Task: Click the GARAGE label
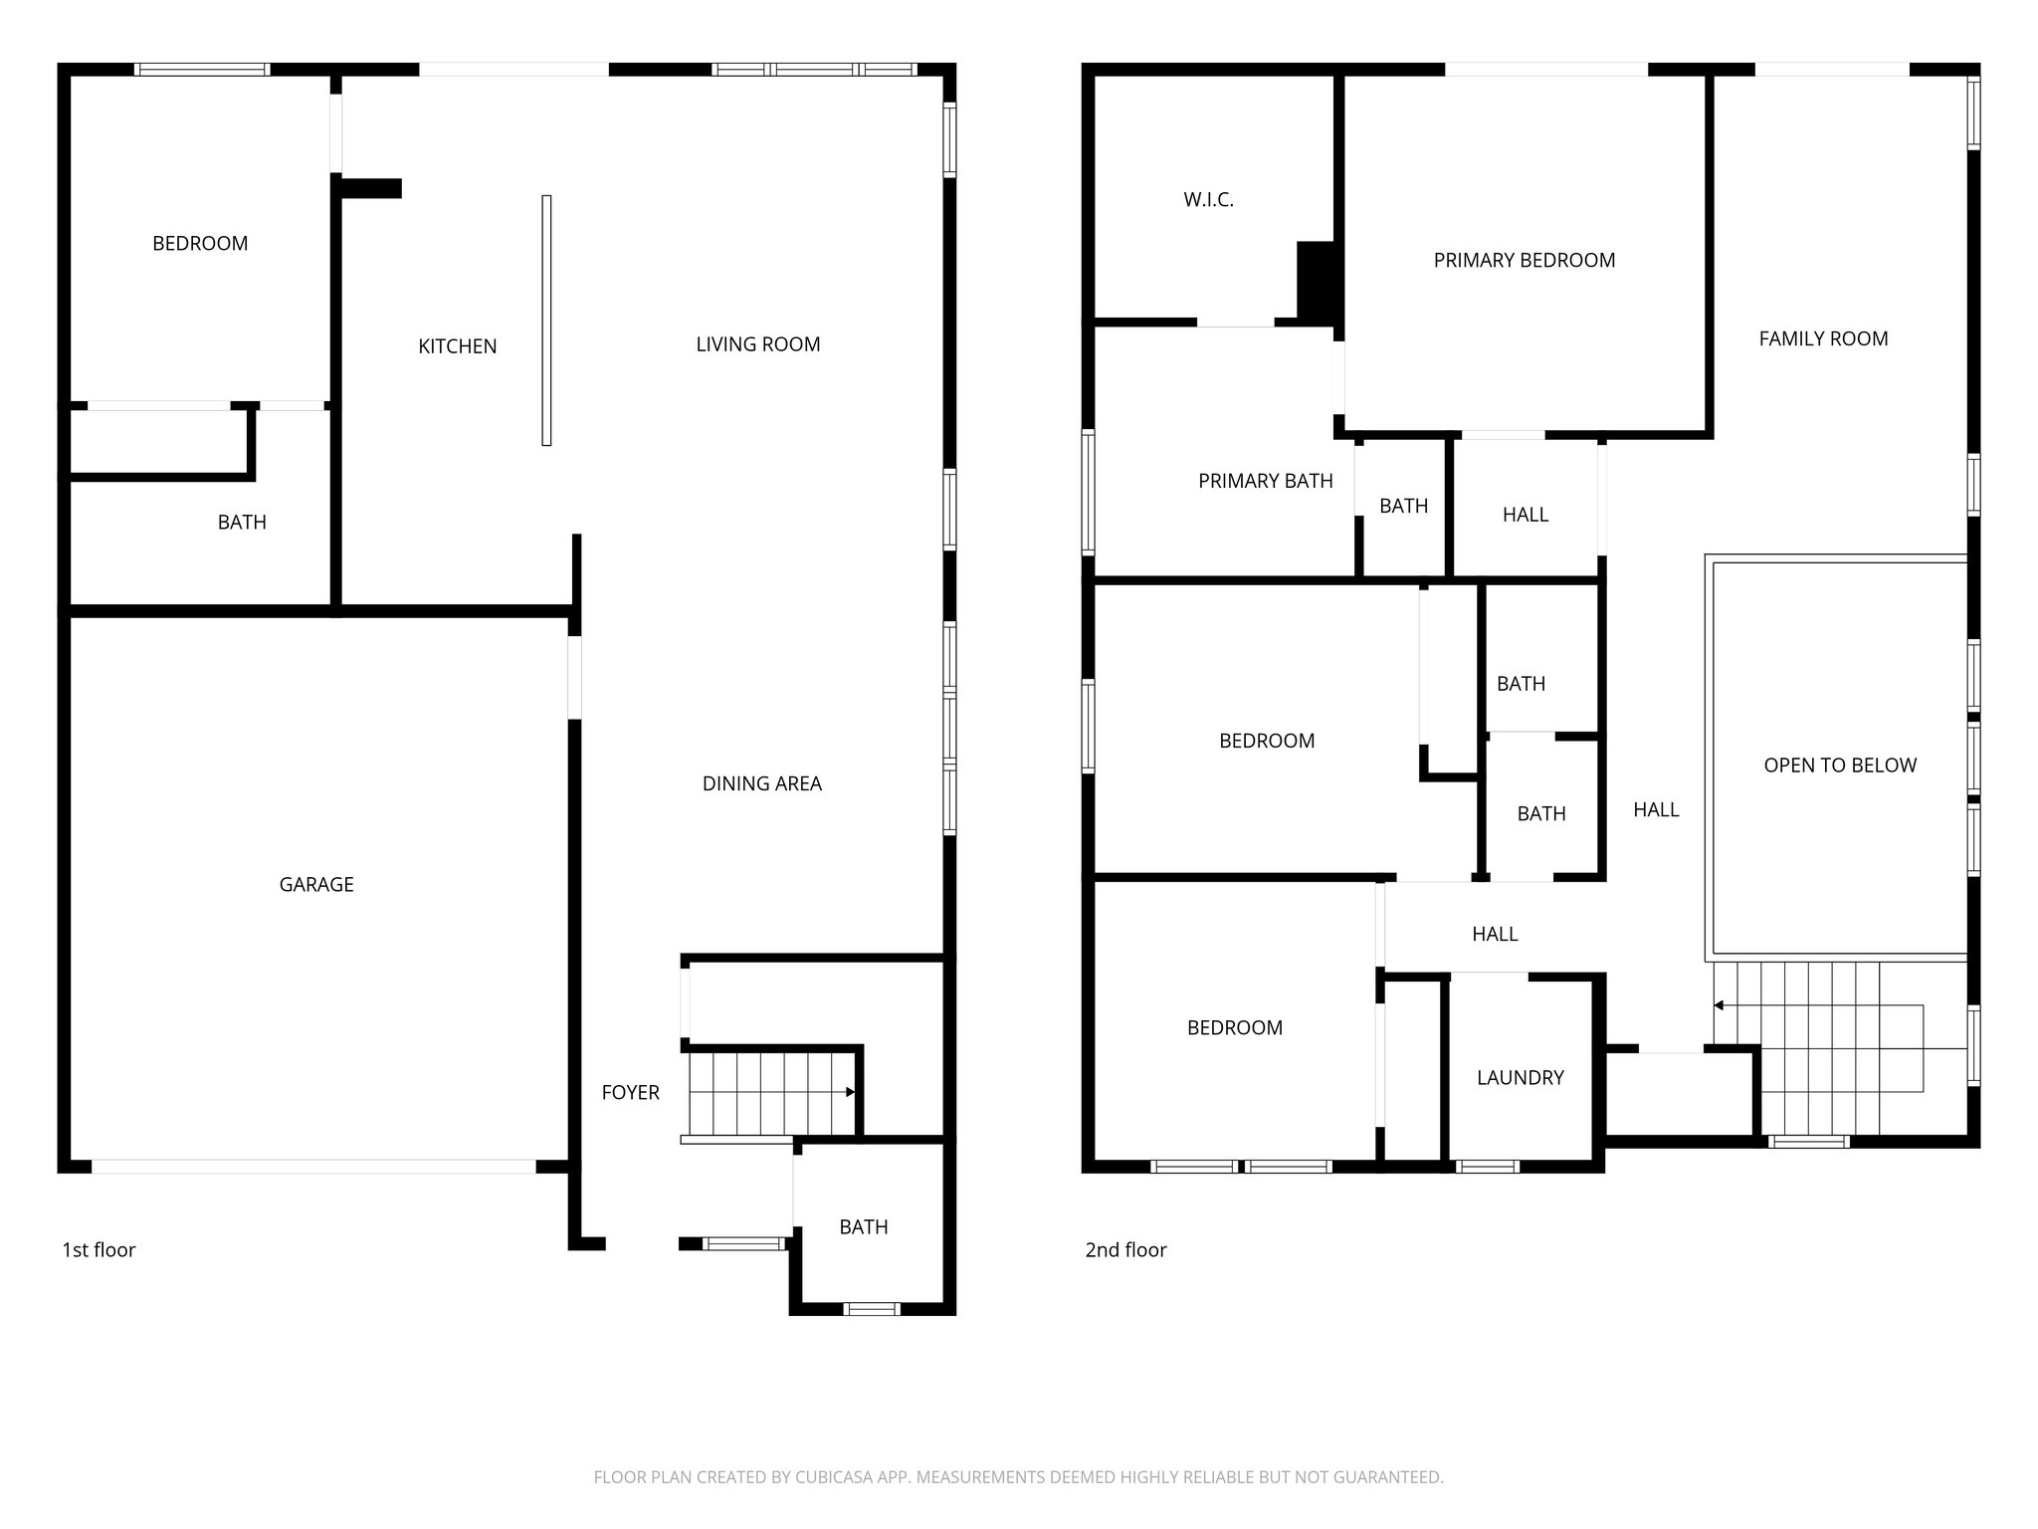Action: [316, 884]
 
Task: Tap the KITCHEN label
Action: [457, 346]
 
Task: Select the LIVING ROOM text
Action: [757, 344]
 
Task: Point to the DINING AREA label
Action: [761, 783]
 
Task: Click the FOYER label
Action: [630, 1092]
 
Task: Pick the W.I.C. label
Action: [1208, 199]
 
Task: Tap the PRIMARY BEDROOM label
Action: [1524, 260]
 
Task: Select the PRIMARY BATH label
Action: [1265, 481]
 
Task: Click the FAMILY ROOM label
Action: [1823, 338]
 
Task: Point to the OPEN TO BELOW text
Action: [1839, 764]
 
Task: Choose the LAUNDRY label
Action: [1520, 1077]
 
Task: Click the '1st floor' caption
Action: [99, 1249]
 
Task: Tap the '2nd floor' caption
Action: [1125, 1249]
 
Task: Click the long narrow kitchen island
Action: [546, 320]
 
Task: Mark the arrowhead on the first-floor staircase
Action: [850, 1092]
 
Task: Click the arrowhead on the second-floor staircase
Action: [1719, 1005]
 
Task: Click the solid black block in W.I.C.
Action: [1316, 279]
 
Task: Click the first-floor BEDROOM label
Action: [200, 243]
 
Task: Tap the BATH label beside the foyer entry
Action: [863, 1226]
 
